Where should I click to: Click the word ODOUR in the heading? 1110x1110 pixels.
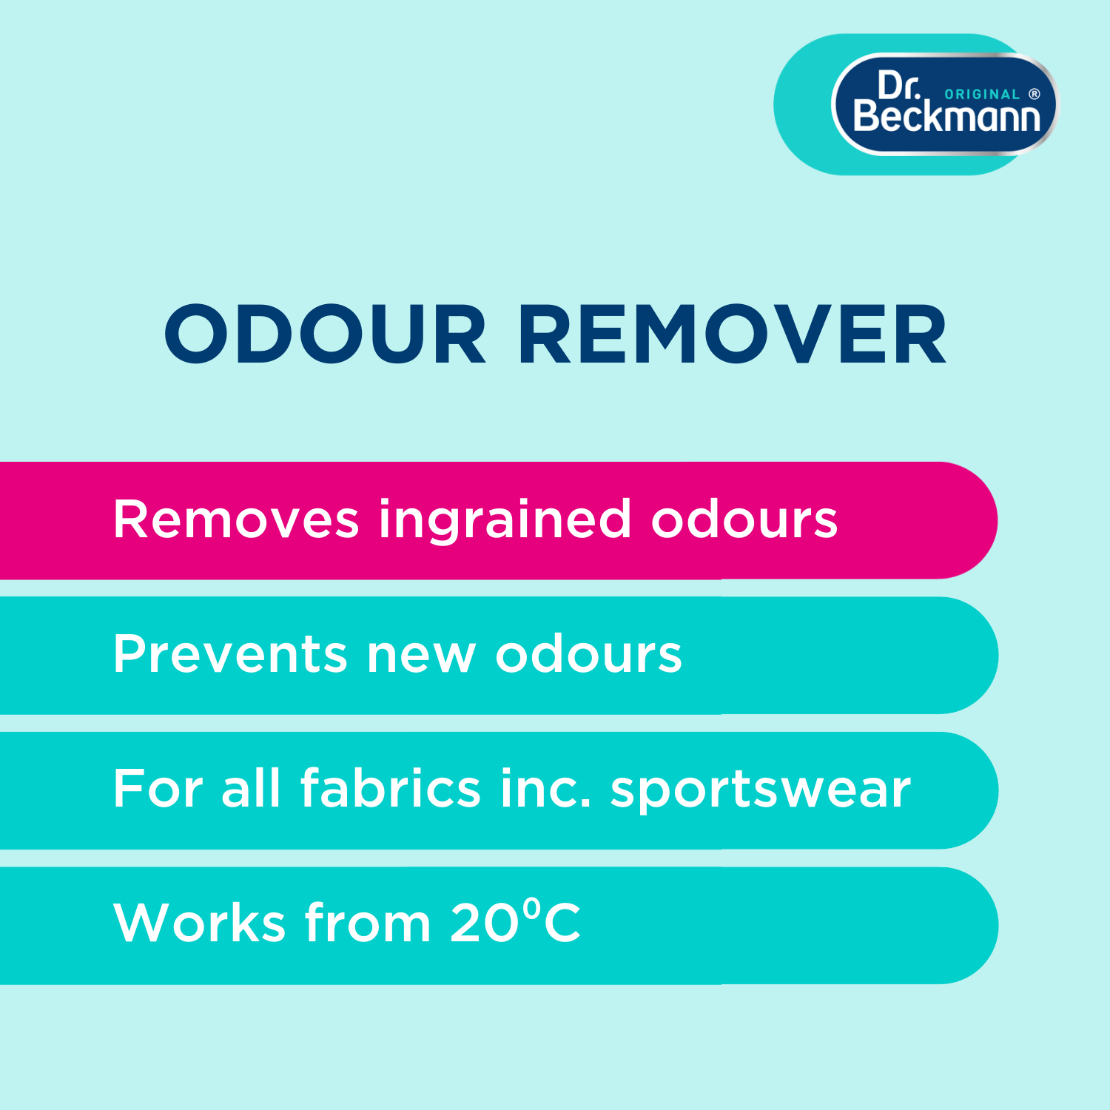[325, 334]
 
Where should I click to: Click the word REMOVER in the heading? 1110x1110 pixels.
[733, 334]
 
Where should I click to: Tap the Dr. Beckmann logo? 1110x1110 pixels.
[946, 104]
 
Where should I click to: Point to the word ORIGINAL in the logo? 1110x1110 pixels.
[982, 95]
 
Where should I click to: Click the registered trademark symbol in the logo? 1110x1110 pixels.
[1035, 94]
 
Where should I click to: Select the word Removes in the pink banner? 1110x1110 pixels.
[236, 519]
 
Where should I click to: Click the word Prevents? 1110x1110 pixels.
[230, 654]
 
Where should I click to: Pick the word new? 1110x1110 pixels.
[421, 656]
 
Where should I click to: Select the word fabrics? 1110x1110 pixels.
[391, 787]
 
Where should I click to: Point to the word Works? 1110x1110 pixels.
[200, 922]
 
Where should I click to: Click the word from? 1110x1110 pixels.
[368, 921]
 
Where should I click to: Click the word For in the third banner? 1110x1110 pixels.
[158, 788]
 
